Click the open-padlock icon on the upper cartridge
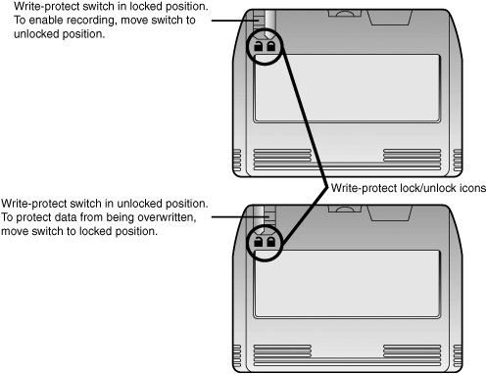coord(271,46)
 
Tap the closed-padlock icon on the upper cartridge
coord(259,46)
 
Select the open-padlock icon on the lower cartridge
coord(271,242)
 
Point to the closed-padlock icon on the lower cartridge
coord(259,242)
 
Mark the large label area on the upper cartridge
coord(347,88)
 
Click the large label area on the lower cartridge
coord(347,284)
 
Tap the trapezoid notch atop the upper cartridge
coord(389,18)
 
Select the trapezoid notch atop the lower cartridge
coord(389,213)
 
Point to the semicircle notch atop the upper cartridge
coord(345,13)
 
